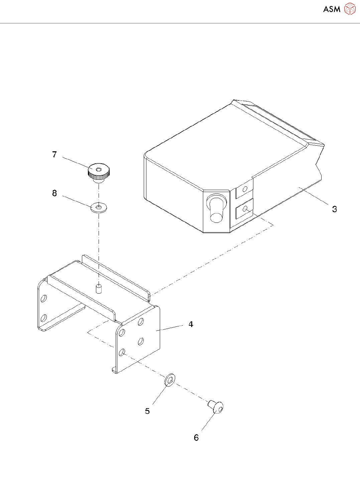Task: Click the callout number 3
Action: pyautogui.click(x=334, y=209)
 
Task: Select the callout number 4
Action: pyautogui.click(x=191, y=324)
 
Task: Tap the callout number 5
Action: pyautogui.click(x=147, y=411)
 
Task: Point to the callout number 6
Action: pyautogui.click(x=196, y=438)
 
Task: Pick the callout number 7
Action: pyautogui.click(x=54, y=155)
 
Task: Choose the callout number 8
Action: pyautogui.click(x=54, y=193)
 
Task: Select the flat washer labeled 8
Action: pyautogui.click(x=99, y=208)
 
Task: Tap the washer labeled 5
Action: pyautogui.click(x=170, y=380)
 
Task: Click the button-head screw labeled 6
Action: pyautogui.click(x=217, y=407)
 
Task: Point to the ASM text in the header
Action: pyautogui.click(x=332, y=9)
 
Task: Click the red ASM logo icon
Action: pyautogui.click(x=350, y=9)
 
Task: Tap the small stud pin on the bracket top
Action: pyautogui.click(x=99, y=289)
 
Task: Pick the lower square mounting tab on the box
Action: pyautogui.click(x=244, y=209)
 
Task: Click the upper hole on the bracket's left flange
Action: pyautogui.click(x=43, y=298)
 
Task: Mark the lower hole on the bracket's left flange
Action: pyautogui.click(x=43, y=317)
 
